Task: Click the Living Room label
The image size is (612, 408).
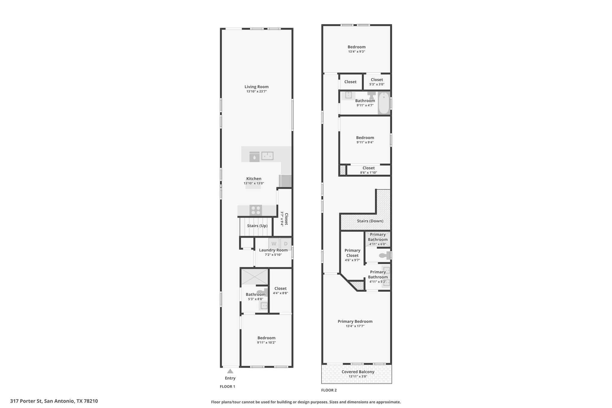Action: (256, 87)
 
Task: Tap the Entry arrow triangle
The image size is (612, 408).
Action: (230, 371)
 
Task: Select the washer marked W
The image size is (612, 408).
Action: (274, 244)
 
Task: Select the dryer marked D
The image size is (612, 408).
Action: (286, 244)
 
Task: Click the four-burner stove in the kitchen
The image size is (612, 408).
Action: (255, 210)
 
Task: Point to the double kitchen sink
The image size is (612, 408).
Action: (267, 156)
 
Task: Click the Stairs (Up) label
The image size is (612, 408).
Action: (257, 226)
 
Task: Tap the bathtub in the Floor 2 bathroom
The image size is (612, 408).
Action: (384, 103)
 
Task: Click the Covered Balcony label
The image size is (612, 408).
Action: (358, 372)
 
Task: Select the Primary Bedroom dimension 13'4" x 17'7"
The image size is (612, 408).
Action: (355, 326)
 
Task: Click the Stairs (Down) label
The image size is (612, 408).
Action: (370, 221)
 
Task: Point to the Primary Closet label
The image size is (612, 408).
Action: (352, 253)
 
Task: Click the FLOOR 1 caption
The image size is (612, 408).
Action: (227, 386)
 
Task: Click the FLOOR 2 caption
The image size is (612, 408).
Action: (329, 390)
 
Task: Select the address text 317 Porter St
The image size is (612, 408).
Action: (27, 401)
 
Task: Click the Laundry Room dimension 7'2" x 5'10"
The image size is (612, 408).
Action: (273, 255)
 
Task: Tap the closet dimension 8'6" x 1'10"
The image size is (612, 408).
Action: (368, 172)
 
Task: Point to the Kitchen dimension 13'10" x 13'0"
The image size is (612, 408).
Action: (254, 183)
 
